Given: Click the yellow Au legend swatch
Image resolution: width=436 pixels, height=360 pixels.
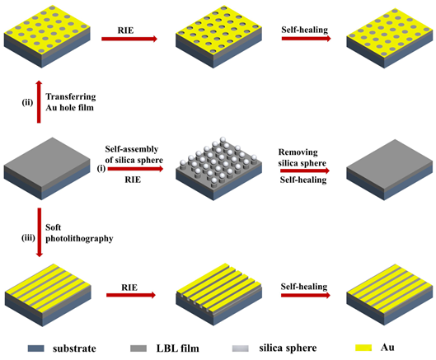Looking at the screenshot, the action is coord(363,348).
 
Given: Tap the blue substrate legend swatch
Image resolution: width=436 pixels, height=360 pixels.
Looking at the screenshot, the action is coord(36,348).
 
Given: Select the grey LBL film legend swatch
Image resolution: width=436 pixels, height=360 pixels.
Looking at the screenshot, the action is coord(138,348).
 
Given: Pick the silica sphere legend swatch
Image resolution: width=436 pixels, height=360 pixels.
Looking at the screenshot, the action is coord(241,348).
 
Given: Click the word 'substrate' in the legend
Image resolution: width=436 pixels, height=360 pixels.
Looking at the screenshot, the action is coord(74,348).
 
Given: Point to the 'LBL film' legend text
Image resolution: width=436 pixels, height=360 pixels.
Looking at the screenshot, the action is coord(178,348).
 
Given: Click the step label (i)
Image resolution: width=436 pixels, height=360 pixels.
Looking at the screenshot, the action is coord(101,168).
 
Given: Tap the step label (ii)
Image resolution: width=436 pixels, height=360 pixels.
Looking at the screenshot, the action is coord(27,103).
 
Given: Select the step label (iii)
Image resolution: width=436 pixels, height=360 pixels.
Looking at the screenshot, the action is coord(28,238).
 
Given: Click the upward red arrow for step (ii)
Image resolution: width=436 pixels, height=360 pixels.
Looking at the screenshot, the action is coord(39,102).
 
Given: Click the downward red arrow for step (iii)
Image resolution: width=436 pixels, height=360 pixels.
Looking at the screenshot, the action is coord(40,232).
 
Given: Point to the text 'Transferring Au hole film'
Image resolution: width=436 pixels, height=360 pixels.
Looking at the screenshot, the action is coord(71,102).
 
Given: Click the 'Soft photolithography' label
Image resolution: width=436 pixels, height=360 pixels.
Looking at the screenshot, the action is coord(79,233).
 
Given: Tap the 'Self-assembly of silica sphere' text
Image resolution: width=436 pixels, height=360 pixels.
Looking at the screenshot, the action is coord(134,155).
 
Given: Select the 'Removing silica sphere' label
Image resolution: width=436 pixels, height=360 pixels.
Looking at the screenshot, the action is coord(302,157).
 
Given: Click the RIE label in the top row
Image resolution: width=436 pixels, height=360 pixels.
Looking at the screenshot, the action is coord(125,30).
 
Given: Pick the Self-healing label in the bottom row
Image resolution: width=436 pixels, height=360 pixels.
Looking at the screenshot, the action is coord(304,287).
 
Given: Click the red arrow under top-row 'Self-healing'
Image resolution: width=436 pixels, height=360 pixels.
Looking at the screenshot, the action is coord(306,39).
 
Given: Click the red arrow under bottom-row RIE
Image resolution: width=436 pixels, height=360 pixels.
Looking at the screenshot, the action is coord(131,295).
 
